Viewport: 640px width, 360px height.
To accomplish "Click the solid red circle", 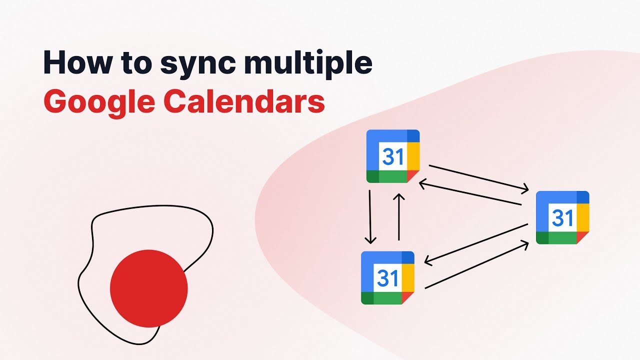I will point(148,288).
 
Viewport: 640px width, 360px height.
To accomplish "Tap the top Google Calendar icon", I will point(392,156).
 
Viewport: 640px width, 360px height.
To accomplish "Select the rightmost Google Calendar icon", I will point(562,217).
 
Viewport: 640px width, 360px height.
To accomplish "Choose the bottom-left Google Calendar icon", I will point(387,277).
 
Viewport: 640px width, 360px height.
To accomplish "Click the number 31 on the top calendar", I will point(392,156).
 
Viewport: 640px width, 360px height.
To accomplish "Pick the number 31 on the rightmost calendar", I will point(562,217).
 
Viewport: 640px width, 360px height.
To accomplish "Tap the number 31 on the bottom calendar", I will point(387,278).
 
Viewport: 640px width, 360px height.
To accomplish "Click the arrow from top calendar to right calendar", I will point(478,178).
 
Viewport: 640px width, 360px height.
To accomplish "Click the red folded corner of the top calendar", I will point(412,175).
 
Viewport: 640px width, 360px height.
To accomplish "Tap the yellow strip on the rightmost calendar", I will point(583,218).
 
